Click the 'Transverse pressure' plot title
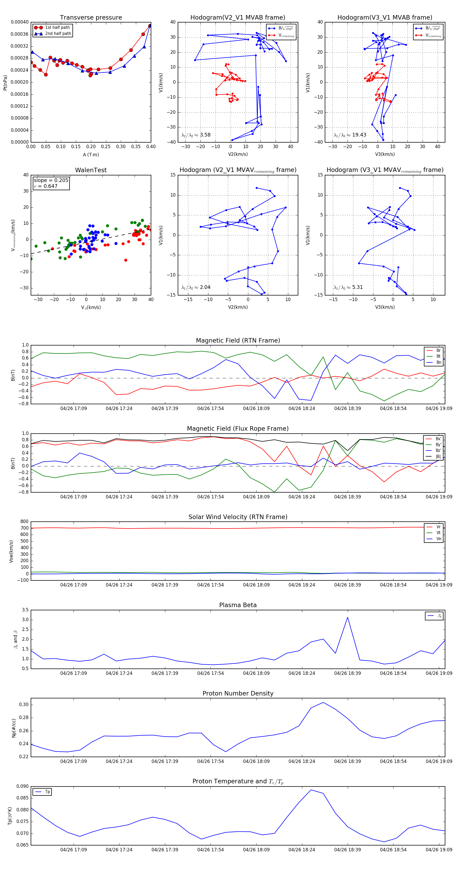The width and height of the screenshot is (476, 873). (91, 18)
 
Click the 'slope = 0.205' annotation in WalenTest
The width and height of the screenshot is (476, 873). (51, 180)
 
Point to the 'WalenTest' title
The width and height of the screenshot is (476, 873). (91, 170)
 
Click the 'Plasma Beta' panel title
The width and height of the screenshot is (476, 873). (238, 605)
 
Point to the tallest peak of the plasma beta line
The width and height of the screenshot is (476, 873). (347, 617)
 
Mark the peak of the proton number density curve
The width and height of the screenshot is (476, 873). (323, 702)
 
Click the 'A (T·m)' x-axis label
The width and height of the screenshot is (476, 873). (91, 155)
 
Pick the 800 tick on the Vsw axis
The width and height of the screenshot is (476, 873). (24, 522)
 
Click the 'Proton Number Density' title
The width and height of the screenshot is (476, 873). (238, 693)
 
